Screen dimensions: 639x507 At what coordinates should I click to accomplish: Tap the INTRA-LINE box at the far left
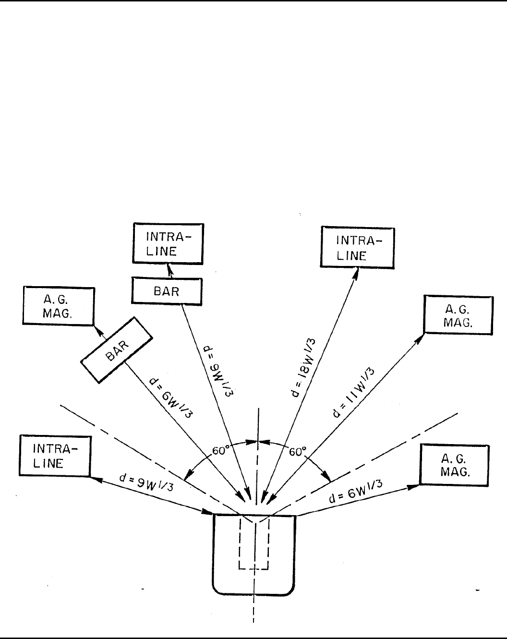click(55, 456)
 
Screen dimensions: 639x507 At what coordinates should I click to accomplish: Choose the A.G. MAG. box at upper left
click(59, 306)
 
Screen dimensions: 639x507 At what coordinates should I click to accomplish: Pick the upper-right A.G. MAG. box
click(459, 314)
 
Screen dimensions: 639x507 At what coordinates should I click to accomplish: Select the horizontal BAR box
click(166, 291)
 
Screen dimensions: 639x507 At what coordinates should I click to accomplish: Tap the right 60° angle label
click(298, 452)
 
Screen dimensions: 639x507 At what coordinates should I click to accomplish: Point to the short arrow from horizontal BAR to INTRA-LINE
click(168, 271)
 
